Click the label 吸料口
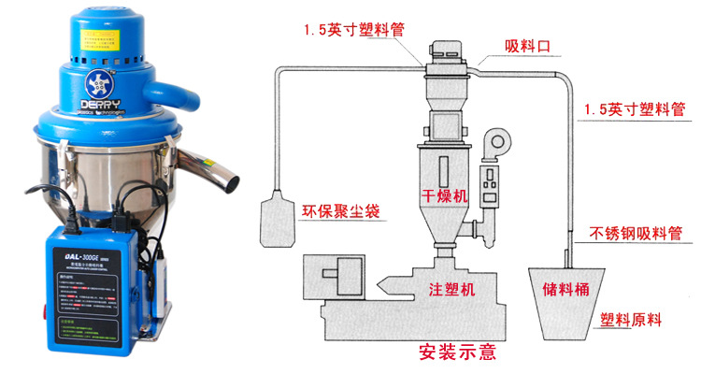pyautogui.click(x=524, y=46)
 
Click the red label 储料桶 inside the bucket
pyautogui.click(x=564, y=288)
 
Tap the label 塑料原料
pyautogui.click(x=630, y=320)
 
